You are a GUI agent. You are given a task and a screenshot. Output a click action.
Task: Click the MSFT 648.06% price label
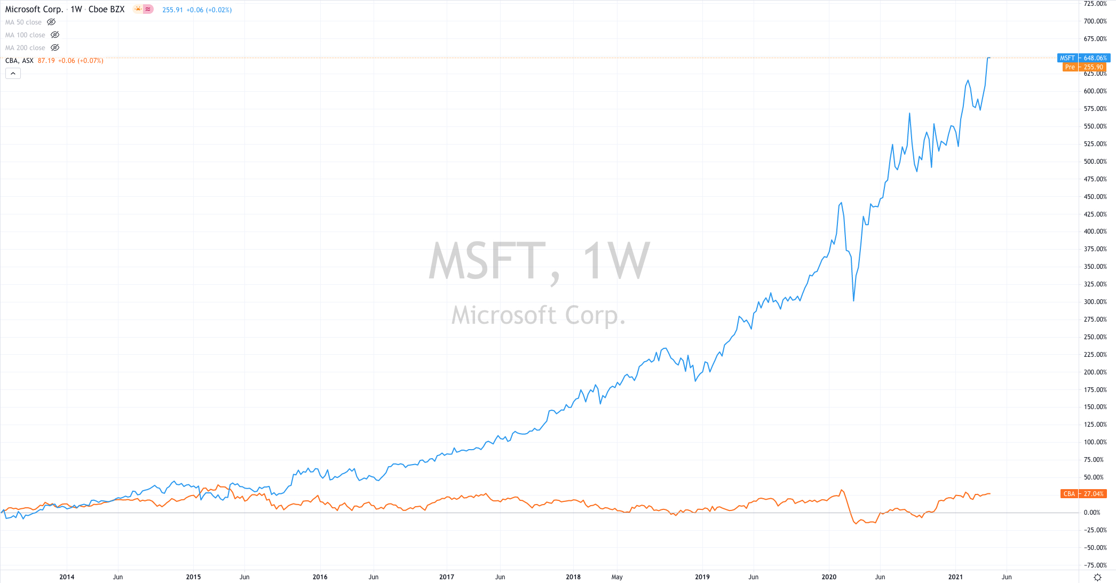coord(1083,58)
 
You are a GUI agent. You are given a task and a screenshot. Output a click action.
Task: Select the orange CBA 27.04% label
coord(1083,494)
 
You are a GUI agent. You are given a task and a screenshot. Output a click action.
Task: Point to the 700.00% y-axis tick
coord(1095,21)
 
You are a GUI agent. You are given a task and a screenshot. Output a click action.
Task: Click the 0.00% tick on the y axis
coord(1091,513)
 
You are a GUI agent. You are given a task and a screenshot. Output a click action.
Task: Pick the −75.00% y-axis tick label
coord(1095,565)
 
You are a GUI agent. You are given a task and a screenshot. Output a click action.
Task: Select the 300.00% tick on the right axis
coord(1095,302)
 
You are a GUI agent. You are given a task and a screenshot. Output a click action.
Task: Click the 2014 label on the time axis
coord(67,577)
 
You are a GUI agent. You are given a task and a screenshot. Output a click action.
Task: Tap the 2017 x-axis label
coord(447,577)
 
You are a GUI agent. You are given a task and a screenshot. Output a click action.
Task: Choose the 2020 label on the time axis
coord(829,577)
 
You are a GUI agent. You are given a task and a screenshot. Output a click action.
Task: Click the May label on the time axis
coord(617,577)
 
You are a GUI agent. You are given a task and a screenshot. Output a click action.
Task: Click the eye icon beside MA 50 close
coord(51,22)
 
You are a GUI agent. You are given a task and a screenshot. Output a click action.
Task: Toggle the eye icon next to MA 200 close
coord(55,48)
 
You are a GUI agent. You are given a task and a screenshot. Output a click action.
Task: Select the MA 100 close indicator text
coord(25,35)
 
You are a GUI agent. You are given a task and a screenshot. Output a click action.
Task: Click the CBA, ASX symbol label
coord(19,61)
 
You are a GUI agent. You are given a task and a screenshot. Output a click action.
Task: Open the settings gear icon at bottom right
coord(1097,577)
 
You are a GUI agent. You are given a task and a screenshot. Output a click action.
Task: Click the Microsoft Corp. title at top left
coord(34,10)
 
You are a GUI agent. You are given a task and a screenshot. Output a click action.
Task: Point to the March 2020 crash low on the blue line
coord(853,301)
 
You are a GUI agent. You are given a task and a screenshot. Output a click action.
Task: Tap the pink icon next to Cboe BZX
coord(148,9)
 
